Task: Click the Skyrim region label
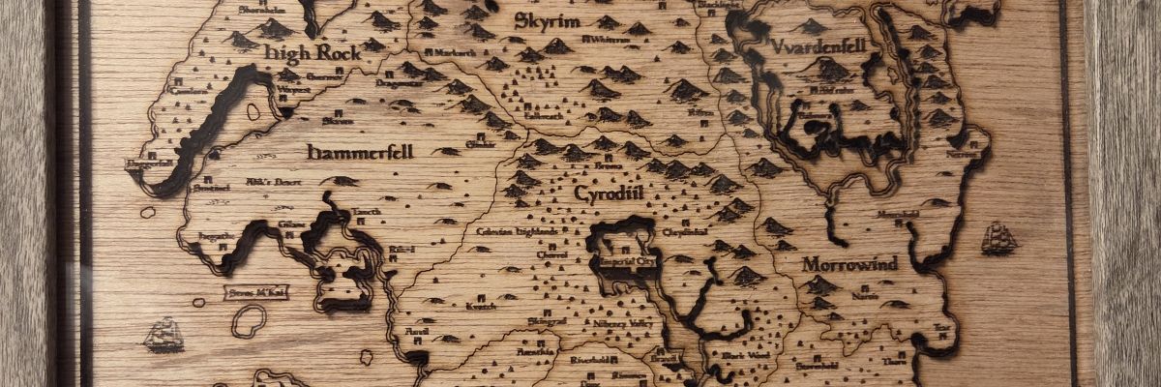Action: pyautogui.click(x=548, y=20)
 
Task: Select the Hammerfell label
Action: pyautogui.click(x=354, y=152)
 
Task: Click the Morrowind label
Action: pyautogui.click(x=849, y=263)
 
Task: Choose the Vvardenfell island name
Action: pyautogui.click(x=819, y=45)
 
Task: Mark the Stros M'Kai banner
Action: pyautogui.click(x=255, y=290)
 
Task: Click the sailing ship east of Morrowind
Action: pyautogui.click(x=998, y=237)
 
